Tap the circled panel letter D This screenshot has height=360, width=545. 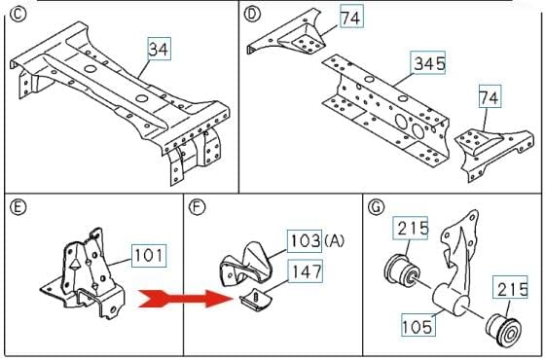pyautogui.click(x=252, y=14)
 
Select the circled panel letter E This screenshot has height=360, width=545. pyautogui.click(x=15, y=206)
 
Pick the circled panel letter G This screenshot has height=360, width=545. pyautogui.click(x=376, y=206)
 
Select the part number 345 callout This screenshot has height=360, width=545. pyautogui.click(x=428, y=64)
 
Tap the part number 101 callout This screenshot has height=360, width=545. pyautogui.click(x=149, y=257)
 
